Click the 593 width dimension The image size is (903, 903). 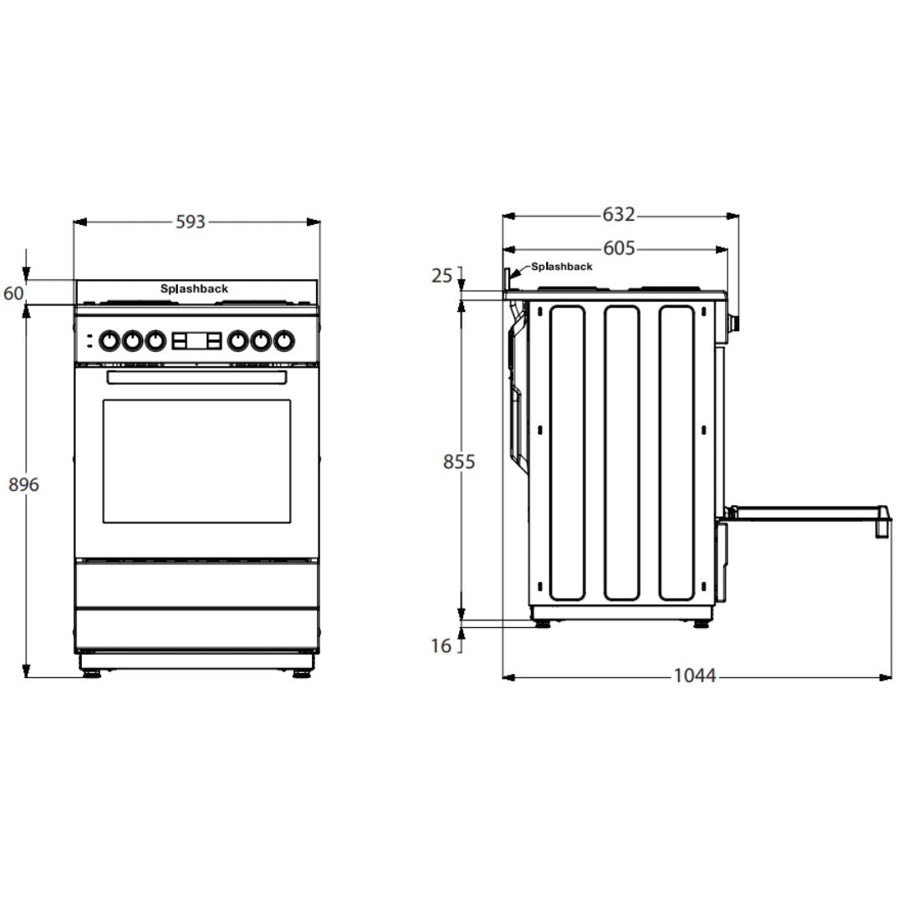click(190, 222)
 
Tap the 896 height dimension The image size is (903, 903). click(23, 484)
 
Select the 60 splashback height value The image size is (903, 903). click(14, 293)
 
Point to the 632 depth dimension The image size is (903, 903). click(619, 214)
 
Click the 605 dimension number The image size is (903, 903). click(619, 248)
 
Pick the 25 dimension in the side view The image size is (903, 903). click(441, 276)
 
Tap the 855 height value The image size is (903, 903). click(459, 462)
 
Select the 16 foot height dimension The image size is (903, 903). click(441, 645)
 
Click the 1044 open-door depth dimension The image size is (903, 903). click(695, 675)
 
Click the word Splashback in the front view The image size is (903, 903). click(194, 288)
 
